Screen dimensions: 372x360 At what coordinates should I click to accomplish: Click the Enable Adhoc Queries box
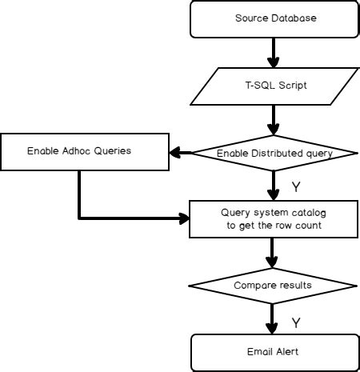pos(79,151)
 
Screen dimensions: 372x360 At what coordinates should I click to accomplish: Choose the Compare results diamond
pos(272,285)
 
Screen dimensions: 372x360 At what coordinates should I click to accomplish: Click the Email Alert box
pos(271,351)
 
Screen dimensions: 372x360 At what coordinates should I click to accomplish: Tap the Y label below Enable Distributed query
pos(295,187)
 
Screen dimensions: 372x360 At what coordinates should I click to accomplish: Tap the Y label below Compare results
pos(295,322)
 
